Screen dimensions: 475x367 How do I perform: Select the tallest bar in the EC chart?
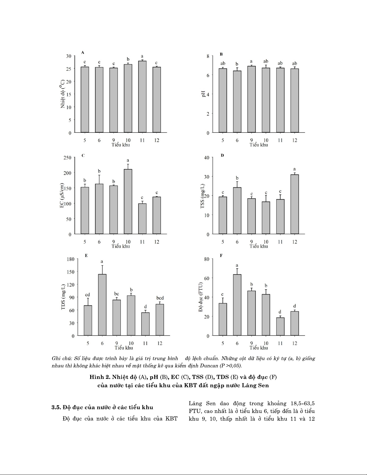[x=128, y=201]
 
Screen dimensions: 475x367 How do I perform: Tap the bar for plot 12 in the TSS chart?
[x=295, y=204]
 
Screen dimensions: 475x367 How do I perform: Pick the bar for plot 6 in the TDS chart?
[x=102, y=305]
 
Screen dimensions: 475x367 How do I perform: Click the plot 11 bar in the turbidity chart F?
[x=280, y=326]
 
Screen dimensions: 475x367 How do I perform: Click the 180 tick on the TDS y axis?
[x=70, y=259]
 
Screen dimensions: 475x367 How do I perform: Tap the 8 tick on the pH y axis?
[x=208, y=56]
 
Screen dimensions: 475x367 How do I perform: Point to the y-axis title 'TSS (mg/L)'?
[x=203, y=196]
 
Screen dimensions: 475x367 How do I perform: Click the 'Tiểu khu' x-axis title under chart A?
[x=121, y=145]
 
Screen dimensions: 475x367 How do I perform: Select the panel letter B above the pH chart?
[x=221, y=54]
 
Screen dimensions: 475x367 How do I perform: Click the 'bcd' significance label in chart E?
[x=160, y=298]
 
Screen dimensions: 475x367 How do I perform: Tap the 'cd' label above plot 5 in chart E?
[x=88, y=295]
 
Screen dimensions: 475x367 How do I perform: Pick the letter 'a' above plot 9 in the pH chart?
[x=251, y=61]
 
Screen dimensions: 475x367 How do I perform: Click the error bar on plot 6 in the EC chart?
[x=99, y=179]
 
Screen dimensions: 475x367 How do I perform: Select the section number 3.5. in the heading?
[x=56, y=407]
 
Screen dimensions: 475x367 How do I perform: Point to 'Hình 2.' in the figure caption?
[x=100, y=377]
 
